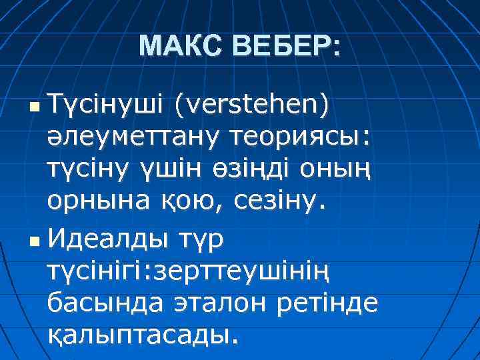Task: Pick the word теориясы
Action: [x=294, y=137]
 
